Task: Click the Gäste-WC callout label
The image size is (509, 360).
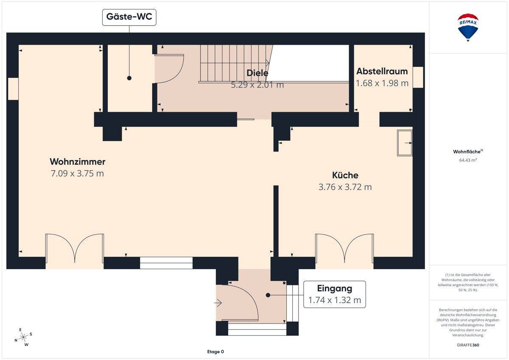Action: [x=129, y=17]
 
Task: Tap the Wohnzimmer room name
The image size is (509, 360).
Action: [x=78, y=162]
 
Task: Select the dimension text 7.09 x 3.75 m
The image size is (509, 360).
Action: [x=77, y=174]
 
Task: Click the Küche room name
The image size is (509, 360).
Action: [x=345, y=175]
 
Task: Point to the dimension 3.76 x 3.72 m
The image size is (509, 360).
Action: [x=345, y=187]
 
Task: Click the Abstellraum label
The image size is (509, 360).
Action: [x=382, y=71]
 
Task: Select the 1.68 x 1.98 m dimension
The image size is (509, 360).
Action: [x=382, y=83]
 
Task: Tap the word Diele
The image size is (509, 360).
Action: [x=257, y=73]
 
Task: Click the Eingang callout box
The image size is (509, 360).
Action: [x=335, y=294]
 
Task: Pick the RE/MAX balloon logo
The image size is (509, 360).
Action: [x=468, y=27]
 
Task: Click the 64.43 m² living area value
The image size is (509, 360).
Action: [x=468, y=160]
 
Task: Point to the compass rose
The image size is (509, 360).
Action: [x=23, y=337]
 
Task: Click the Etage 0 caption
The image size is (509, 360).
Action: [x=215, y=352]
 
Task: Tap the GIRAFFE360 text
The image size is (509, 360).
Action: [x=468, y=345]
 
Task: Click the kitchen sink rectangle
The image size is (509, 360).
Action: [x=405, y=143]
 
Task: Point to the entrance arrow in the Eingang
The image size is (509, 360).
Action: [x=218, y=303]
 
